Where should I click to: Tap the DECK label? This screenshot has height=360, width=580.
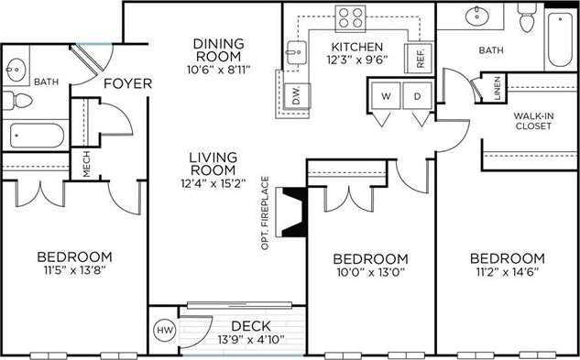click(x=248, y=325)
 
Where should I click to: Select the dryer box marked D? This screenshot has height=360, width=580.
click(x=415, y=94)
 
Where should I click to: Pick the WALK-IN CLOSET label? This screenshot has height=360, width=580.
click(x=532, y=120)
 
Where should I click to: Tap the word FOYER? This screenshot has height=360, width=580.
click(x=127, y=84)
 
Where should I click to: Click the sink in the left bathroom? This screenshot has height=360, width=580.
click(x=17, y=68)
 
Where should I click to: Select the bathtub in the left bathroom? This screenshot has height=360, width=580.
click(x=37, y=136)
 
